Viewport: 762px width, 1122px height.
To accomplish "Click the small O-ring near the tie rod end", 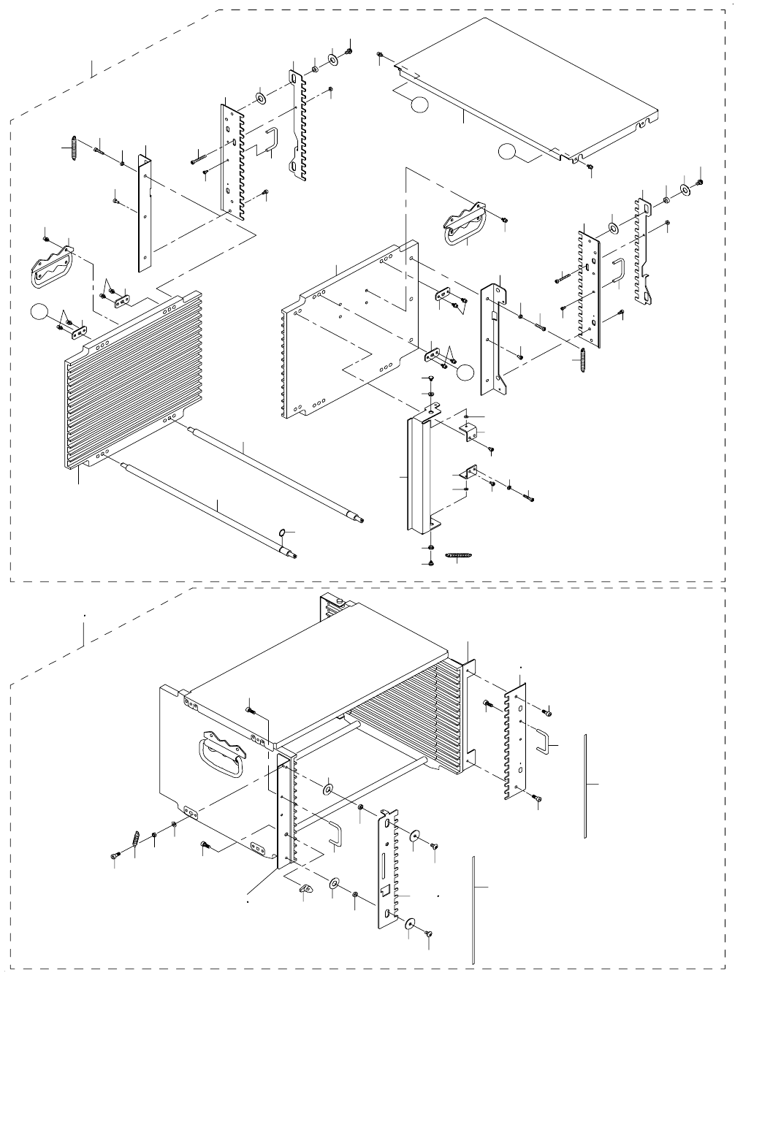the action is pos(283,531).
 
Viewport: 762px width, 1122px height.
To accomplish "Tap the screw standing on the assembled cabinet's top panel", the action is pos(250,707).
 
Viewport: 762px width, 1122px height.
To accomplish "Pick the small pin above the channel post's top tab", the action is pos(430,378).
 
